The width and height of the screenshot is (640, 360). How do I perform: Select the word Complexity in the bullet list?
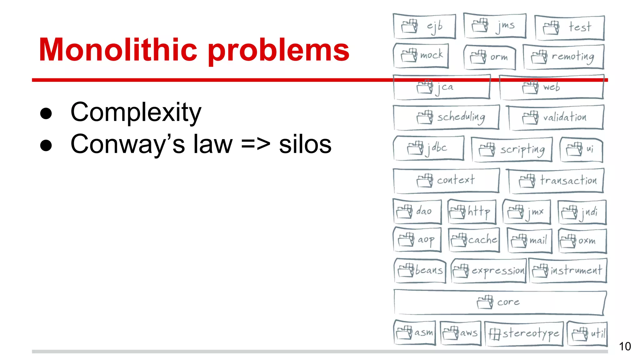(136, 112)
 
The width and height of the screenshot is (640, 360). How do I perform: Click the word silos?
(305, 144)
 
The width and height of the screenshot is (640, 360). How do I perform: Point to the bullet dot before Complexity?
(46, 113)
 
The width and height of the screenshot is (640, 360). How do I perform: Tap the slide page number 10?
(625, 346)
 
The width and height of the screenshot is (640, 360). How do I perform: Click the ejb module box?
(424, 26)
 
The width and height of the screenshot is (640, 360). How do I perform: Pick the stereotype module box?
(524, 334)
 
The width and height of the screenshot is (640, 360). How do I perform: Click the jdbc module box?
(428, 148)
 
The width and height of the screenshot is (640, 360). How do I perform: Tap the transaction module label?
(568, 180)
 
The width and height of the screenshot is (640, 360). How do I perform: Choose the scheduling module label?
(461, 117)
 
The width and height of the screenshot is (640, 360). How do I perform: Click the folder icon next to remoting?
(539, 57)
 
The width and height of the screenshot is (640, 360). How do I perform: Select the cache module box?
(474, 240)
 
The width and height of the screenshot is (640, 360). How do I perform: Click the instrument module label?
(576, 270)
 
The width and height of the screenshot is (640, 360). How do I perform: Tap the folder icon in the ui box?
(575, 149)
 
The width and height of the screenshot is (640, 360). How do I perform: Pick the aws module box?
(460, 333)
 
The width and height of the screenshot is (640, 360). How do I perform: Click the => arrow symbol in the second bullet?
(256, 144)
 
